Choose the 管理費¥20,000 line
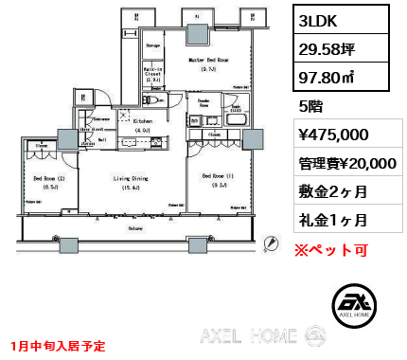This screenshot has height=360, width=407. coord(346,164)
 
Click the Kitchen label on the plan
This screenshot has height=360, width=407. coord(143,122)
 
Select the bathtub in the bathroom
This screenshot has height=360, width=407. coord(235,121)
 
